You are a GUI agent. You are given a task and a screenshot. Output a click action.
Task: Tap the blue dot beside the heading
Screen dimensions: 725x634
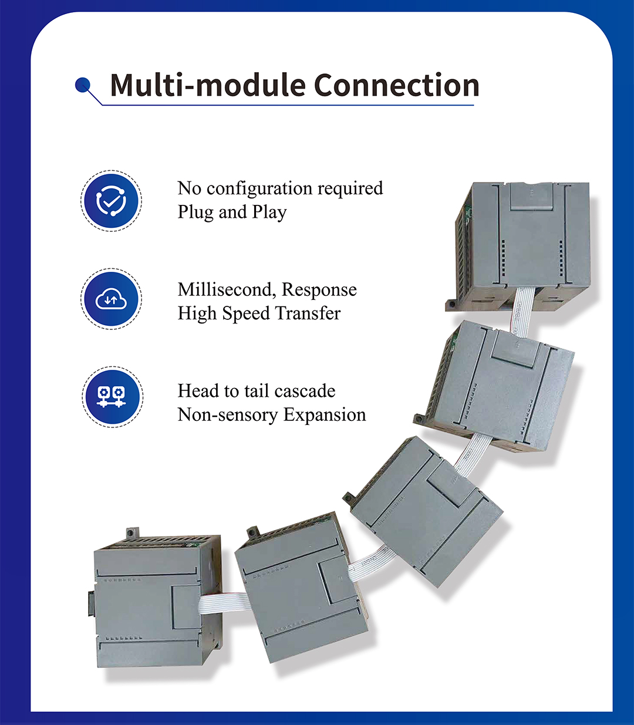click(x=83, y=86)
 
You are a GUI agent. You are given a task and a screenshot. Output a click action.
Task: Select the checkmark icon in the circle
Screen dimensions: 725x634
click(x=110, y=201)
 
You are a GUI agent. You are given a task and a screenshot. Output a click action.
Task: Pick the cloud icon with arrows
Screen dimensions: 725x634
click(x=110, y=299)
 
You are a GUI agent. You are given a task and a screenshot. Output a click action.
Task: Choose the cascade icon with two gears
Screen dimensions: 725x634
click(x=111, y=396)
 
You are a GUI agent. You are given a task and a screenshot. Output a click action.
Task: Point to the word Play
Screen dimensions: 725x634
click(x=269, y=213)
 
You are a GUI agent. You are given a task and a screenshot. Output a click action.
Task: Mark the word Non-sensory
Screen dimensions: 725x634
click(x=227, y=415)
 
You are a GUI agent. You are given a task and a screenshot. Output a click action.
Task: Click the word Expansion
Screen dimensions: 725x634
click(x=325, y=416)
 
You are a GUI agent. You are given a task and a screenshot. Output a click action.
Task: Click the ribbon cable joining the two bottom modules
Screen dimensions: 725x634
click(x=223, y=603)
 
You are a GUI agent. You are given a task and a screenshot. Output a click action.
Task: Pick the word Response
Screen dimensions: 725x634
click(x=319, y=290)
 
